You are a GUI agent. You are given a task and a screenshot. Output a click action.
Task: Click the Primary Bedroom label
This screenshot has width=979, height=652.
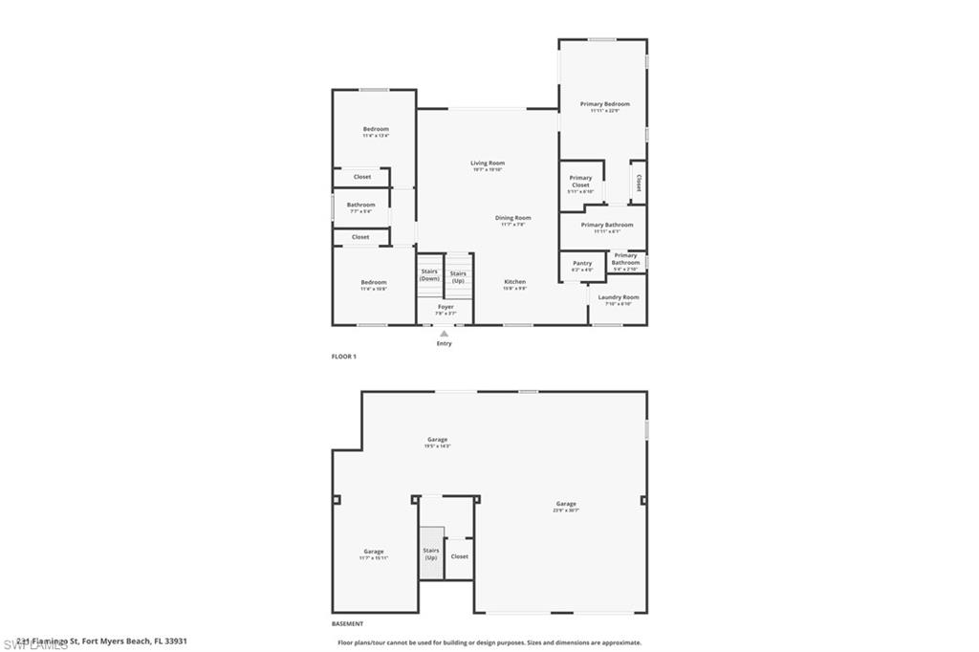[x=604, y=104]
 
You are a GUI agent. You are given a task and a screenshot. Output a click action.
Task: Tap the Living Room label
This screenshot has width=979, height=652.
[x=487, y=163]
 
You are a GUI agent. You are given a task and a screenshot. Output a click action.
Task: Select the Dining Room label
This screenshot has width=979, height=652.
[x=512, y=218]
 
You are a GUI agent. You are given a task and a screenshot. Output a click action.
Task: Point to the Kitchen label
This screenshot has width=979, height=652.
[x=514, y=282]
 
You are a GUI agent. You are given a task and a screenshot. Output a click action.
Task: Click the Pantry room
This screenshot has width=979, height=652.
[x=582, y=265]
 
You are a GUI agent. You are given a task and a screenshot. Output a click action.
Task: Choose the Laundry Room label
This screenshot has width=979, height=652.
[x=619, y=297]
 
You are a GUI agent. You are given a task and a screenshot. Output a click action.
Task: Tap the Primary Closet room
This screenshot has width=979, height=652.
[x=580, y=183]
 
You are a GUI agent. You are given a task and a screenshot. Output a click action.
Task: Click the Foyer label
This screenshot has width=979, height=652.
[x=446, y=307]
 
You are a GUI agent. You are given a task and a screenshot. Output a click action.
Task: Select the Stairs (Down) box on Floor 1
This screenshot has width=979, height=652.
[x=429, y=274]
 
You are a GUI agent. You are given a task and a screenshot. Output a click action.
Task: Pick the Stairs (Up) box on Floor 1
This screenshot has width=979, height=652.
[x=458, y=276]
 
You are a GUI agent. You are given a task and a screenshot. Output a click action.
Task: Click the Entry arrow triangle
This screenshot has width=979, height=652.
[x=444, y=334]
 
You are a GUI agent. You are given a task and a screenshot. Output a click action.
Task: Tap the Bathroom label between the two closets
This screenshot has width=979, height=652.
[x=360, y=206]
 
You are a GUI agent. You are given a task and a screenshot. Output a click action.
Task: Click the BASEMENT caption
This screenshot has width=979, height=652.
[x=347, y=622]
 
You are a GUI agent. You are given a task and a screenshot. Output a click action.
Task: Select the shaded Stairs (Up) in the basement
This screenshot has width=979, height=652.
[x=431, y=554]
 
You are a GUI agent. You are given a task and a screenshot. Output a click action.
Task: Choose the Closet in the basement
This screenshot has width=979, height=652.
[x=460, y=555]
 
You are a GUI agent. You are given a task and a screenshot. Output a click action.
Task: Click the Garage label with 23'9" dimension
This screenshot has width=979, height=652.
[x=566, y=504]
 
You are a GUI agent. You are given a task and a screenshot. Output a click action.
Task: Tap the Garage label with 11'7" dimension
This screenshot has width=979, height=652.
[x=373, y=552]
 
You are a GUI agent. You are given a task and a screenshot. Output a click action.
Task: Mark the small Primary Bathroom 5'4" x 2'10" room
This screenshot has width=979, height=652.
[x=626, y=259]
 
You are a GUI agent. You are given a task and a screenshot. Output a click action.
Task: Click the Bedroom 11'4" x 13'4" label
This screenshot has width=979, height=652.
[x=375, y=129]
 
